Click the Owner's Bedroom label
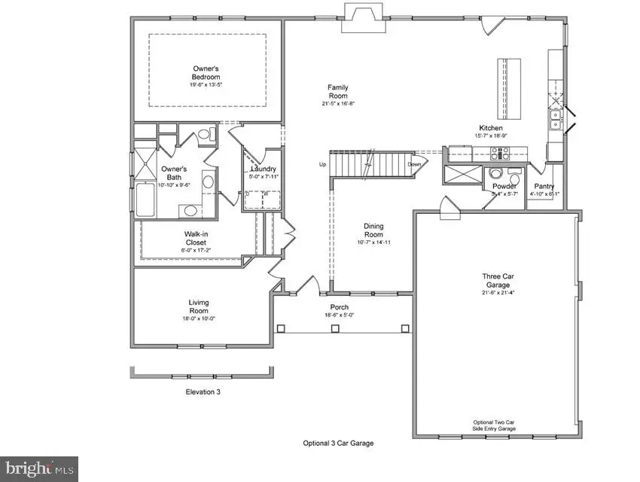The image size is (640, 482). click(x=206, y=73)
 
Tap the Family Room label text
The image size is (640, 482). click(x=337, y=92)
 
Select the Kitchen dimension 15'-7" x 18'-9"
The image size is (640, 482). click(x=491, y=136)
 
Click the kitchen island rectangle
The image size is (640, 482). click(x=508, y=78)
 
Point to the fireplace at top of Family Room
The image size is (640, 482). click(x=363, y=17)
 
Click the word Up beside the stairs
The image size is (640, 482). click(x=322, y=164)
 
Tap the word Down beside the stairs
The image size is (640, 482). click(x=414, y=164)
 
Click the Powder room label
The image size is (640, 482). click(x=504, y=186)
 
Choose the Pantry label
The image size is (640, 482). click(x=544, y=186)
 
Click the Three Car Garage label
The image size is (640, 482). click(x=498, y=281)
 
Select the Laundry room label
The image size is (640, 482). click(x=264, y=169)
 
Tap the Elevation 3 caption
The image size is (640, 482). click(x=203, y=392)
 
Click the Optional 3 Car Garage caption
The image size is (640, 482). click(x=338, y=443)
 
